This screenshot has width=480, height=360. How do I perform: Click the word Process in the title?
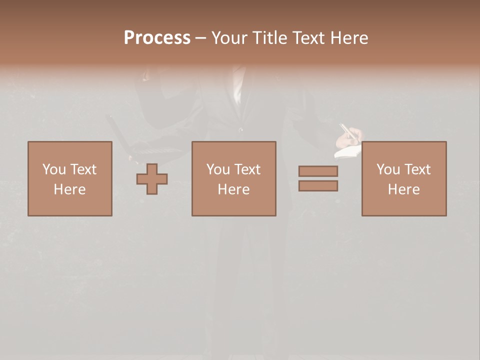coord(157,38)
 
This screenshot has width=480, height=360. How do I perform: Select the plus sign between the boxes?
coord(152,179)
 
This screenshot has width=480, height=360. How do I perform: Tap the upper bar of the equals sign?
coord(318,171)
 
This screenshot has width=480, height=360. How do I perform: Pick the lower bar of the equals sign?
coord(318,186)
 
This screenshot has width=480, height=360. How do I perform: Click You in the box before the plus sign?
coord(54,169)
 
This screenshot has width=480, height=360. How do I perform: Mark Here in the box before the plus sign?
coord(69,189)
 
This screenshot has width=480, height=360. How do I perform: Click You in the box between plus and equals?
coord(218,169)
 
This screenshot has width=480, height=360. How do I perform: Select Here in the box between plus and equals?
coord(233,189)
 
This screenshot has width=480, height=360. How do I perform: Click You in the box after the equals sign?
coord(388,169)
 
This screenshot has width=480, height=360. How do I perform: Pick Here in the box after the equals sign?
coord(403,189)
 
